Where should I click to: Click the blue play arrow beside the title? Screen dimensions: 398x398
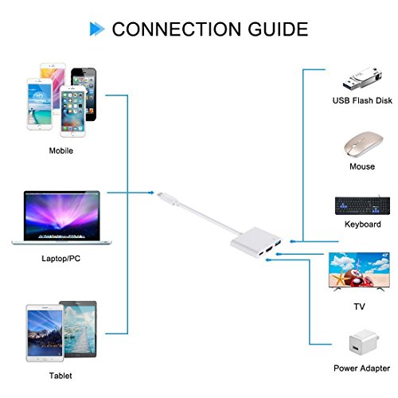coord(96,30)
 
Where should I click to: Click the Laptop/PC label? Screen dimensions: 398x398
coord(62,259)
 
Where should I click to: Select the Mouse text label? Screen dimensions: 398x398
coord(362,167)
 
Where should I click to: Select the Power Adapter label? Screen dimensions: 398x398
coord(362,369)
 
